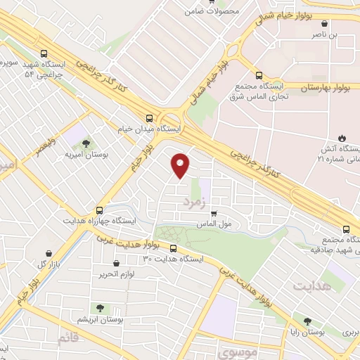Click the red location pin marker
click(181, 165)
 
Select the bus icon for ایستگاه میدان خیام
click(148, 118)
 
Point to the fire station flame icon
click(342, 137)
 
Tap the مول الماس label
click(226, 226)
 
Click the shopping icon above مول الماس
click(214, 214)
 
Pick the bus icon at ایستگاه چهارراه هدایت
click(98, 209)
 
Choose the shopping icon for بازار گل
click(49, 253)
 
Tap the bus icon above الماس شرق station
click(259, 75)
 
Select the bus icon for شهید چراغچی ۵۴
click(44, 53)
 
